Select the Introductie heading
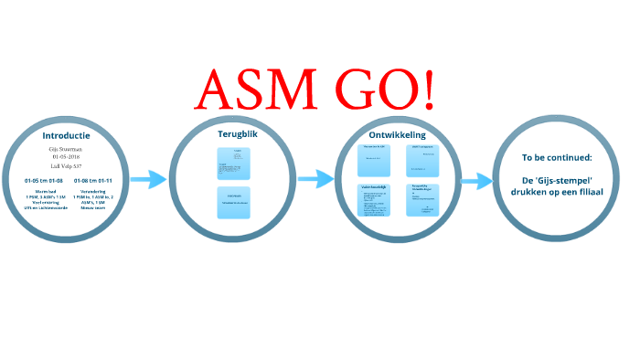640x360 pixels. click(66, 135)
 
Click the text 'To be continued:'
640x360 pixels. click(557, 157)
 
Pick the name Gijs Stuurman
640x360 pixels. click(67, 148)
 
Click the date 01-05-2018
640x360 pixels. click(67, 156)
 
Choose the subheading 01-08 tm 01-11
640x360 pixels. click(93, 181)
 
